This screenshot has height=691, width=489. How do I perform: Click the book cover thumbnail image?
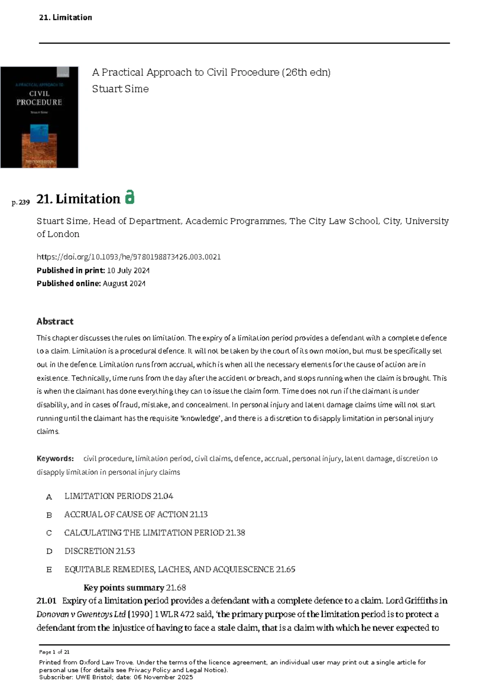coord(40,117)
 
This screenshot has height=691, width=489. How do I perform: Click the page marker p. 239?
coord(21,202)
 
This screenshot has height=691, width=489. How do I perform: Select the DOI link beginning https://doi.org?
coord(129,257)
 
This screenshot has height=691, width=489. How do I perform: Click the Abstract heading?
coord(55,321)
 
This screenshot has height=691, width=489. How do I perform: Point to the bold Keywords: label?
coord(55,459)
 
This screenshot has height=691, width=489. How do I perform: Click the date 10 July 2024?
coord(128,271)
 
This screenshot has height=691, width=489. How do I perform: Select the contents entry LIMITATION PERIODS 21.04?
coord(119,496)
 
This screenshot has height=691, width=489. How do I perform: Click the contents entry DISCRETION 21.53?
coord(99,551)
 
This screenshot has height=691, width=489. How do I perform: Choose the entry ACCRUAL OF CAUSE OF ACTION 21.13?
coord(136,515)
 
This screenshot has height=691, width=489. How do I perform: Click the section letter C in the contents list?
coord(49,533)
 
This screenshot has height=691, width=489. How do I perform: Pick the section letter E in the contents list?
coord(49,570)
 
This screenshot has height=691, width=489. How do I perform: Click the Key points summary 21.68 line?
coord(134,588)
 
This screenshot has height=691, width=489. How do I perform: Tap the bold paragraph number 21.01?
coord(46,601)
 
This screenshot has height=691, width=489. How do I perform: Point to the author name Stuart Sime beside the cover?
coord(120,89)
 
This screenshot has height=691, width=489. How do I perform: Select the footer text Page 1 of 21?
coord(54,652)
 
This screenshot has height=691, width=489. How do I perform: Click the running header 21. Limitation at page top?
coord(66,18)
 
